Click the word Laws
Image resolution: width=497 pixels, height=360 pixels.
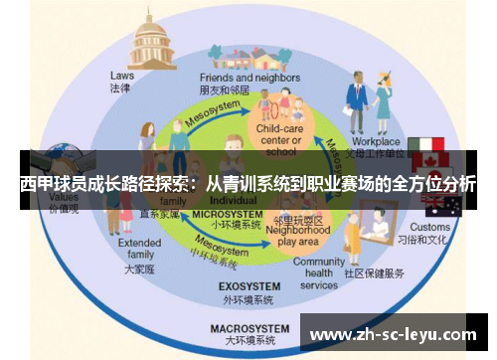pos(121,75)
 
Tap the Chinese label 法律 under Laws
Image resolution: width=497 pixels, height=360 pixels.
pos(120,88)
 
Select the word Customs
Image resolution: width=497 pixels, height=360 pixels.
pos(429,227)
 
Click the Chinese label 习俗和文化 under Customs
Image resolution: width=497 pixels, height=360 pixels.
pos(431,240)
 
